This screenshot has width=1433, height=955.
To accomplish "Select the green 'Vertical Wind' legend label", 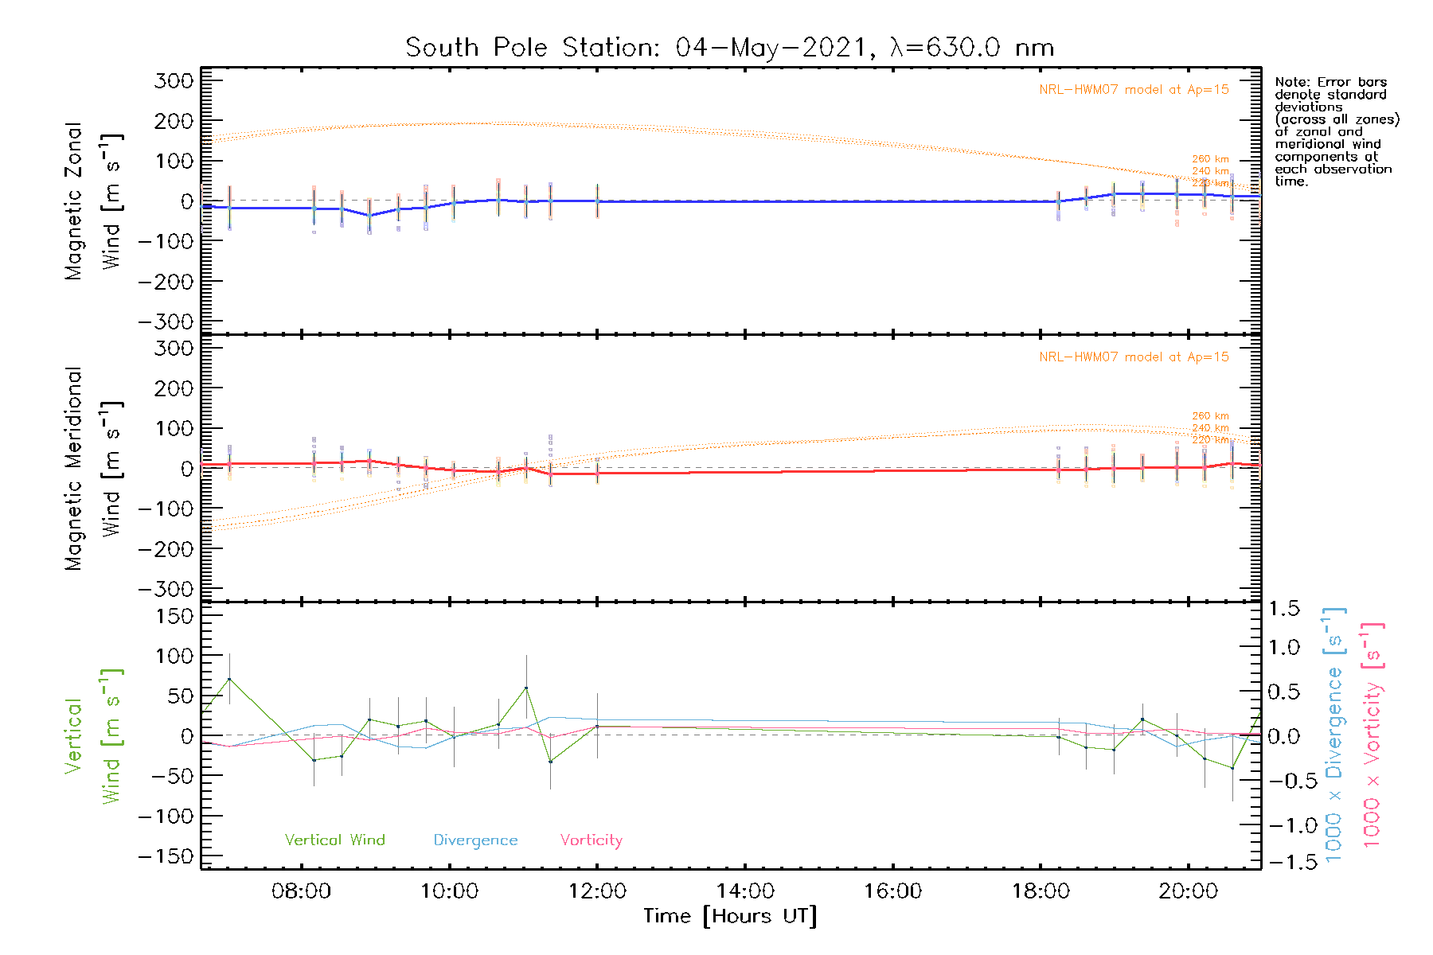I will pyautogui.click(x=334, y=840).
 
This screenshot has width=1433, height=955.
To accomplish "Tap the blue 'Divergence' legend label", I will pyautogui.click(x=475, y=840).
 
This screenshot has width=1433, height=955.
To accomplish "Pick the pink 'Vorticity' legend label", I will pyautogui.click(x=591, y=840).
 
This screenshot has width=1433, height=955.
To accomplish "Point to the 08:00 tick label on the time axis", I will pyautogui.click(x=301, y=891).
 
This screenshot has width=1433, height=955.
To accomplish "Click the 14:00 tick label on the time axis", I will pyautogui.click(x=745, y=891).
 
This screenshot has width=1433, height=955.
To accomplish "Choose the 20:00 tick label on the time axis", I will pyautogui.click(x=1188, y=891).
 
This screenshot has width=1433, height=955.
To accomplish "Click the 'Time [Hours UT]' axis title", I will pyautogui.click(x=730, y=916).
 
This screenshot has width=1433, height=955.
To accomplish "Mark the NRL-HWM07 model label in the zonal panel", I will pyautogui.click(x=1134, y=90).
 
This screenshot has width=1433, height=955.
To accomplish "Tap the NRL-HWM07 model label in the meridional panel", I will pyautogui.click(x=1134, y=357).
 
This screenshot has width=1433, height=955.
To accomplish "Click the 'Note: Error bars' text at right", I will pyautogui.click(x=1330, y=82).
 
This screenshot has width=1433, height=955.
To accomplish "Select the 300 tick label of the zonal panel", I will pyautogui.click(x=174, y=80).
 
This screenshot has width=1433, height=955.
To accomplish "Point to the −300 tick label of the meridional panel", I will pyautogui.click(x=166, y=589).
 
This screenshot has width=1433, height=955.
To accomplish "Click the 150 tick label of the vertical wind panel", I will pyautogui.click(x=174, y=616).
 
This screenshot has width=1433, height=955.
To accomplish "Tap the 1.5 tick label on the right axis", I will pyautogui.click(x=1283, y=609).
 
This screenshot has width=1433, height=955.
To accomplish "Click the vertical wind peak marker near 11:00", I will pyautogui.click(x=525, y=688).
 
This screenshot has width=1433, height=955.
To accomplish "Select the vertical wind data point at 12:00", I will pyautogui.click(x=597, y=726).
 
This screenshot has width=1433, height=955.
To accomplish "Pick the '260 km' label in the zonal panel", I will pyautogui.click(x=1210, y=159).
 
